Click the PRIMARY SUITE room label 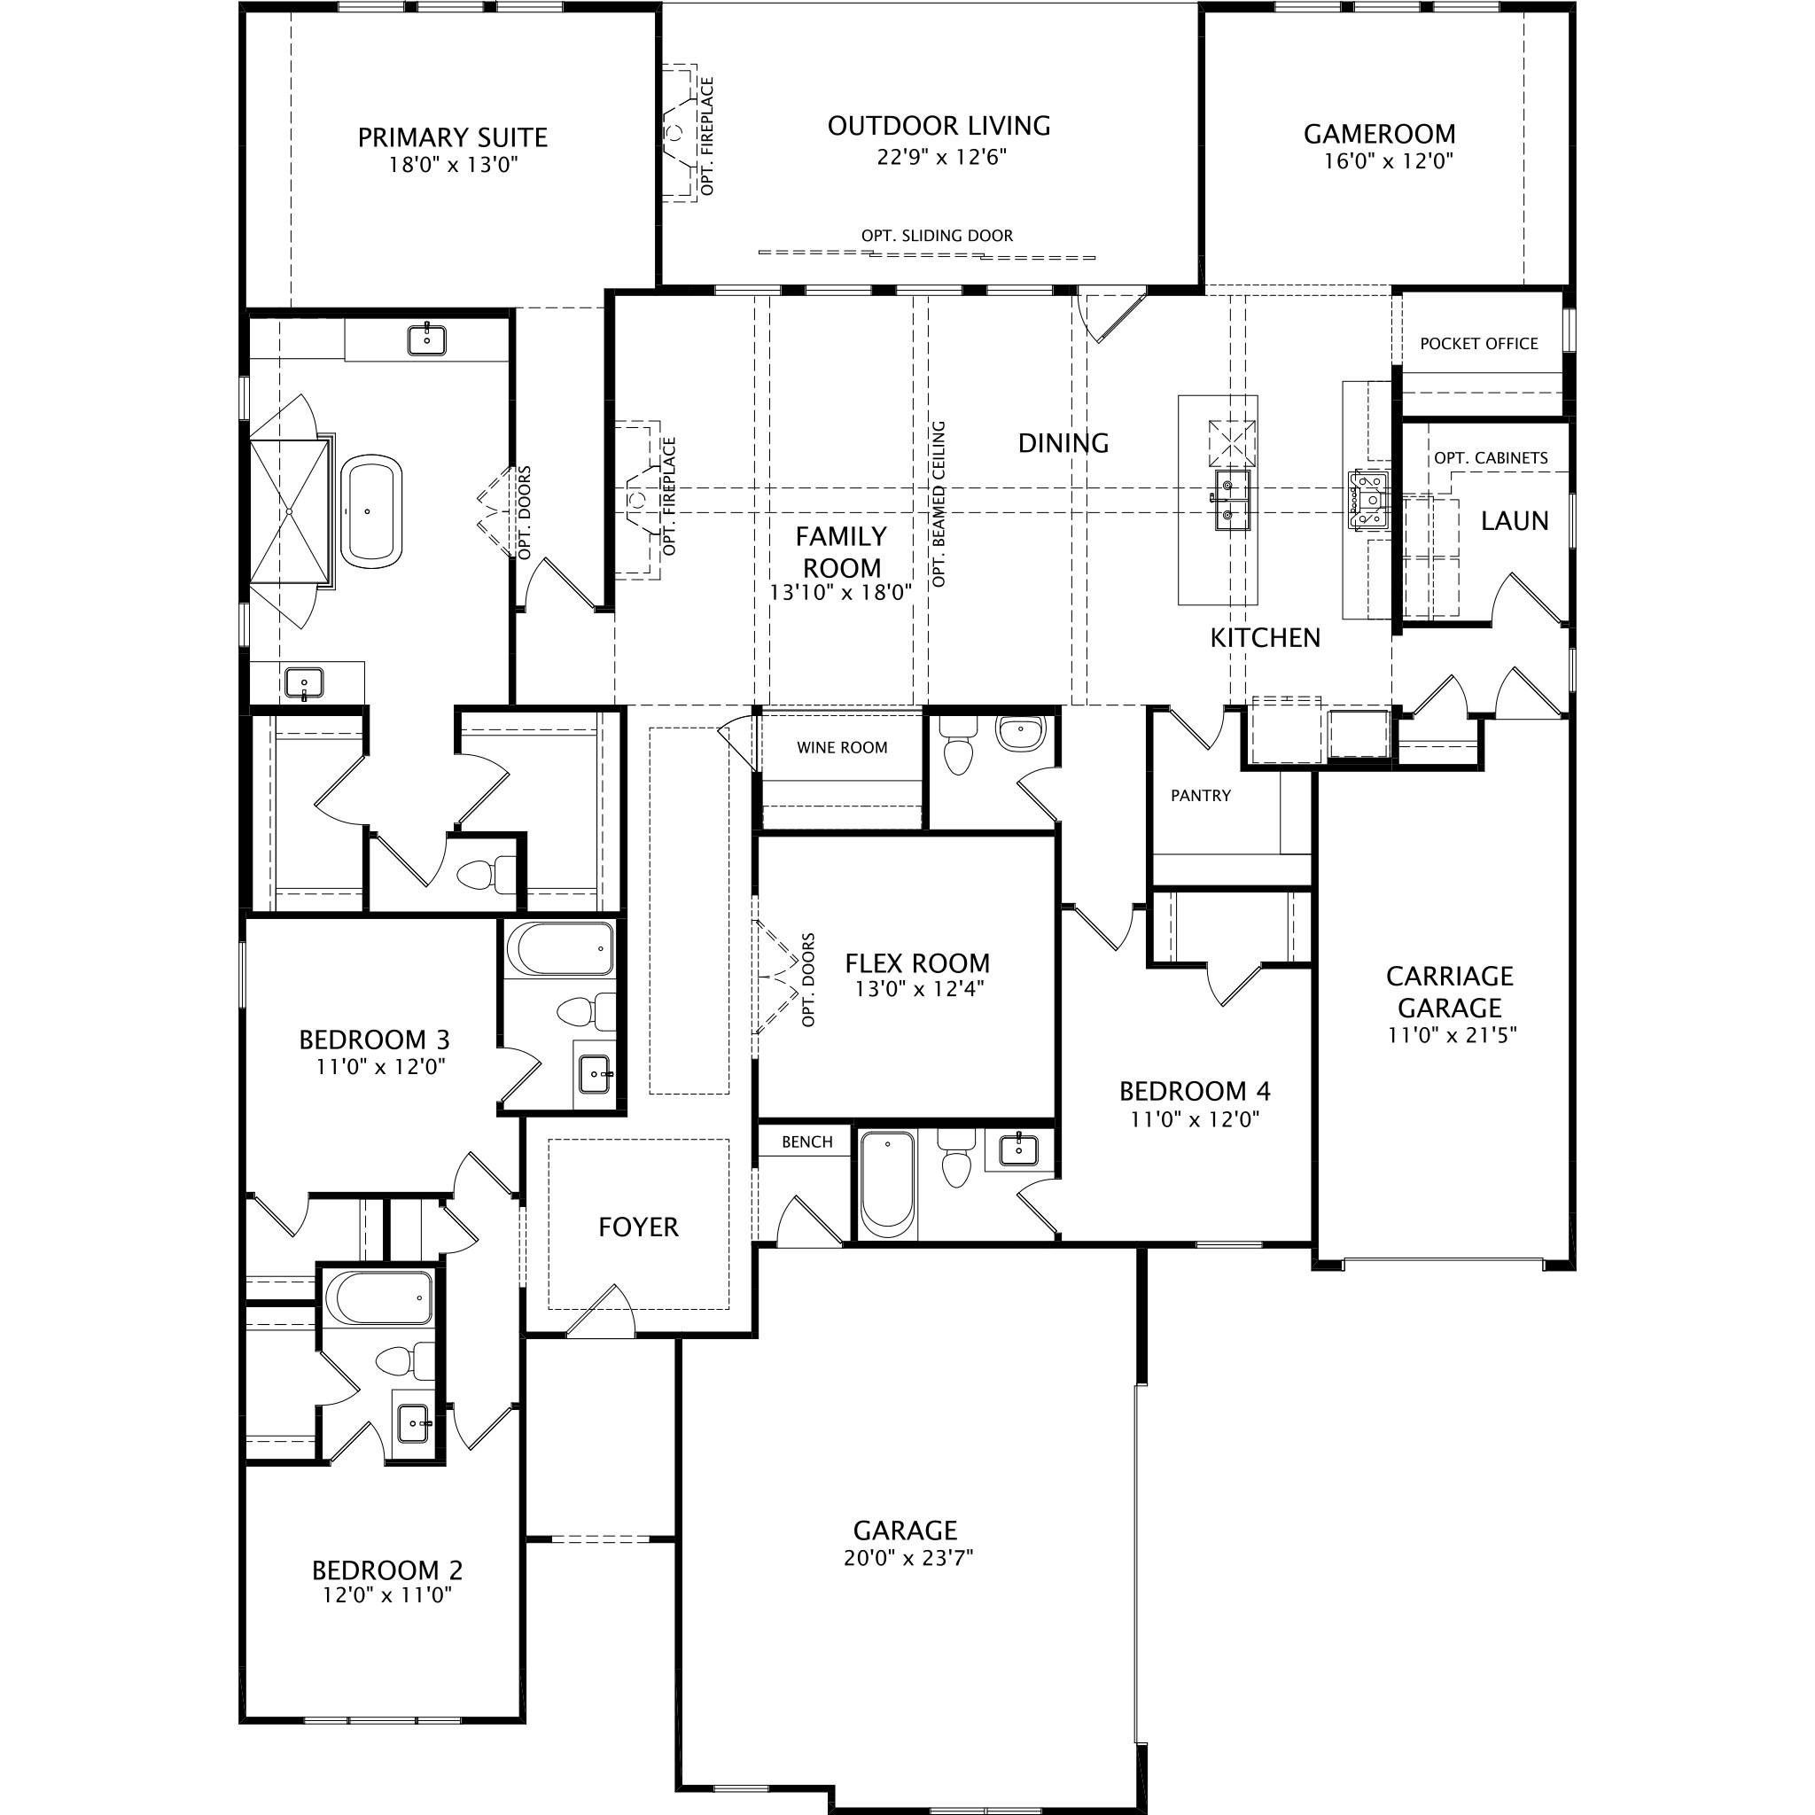point(452,138)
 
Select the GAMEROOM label point(1379,135)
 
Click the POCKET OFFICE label point(1479,344)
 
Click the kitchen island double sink point(1231,500)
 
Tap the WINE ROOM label point(842,748)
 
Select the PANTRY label point(1200,796)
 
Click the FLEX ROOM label point(917,963)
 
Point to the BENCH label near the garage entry point(807,1141)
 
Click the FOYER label point(638,1227)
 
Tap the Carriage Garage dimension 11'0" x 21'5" point(1453,1035)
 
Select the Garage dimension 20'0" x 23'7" point(907,1559)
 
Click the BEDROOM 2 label point(387,1570)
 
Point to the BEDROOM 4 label point(1194,1091)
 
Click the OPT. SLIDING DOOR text point(937,236)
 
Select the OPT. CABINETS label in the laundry point(1490,458)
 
